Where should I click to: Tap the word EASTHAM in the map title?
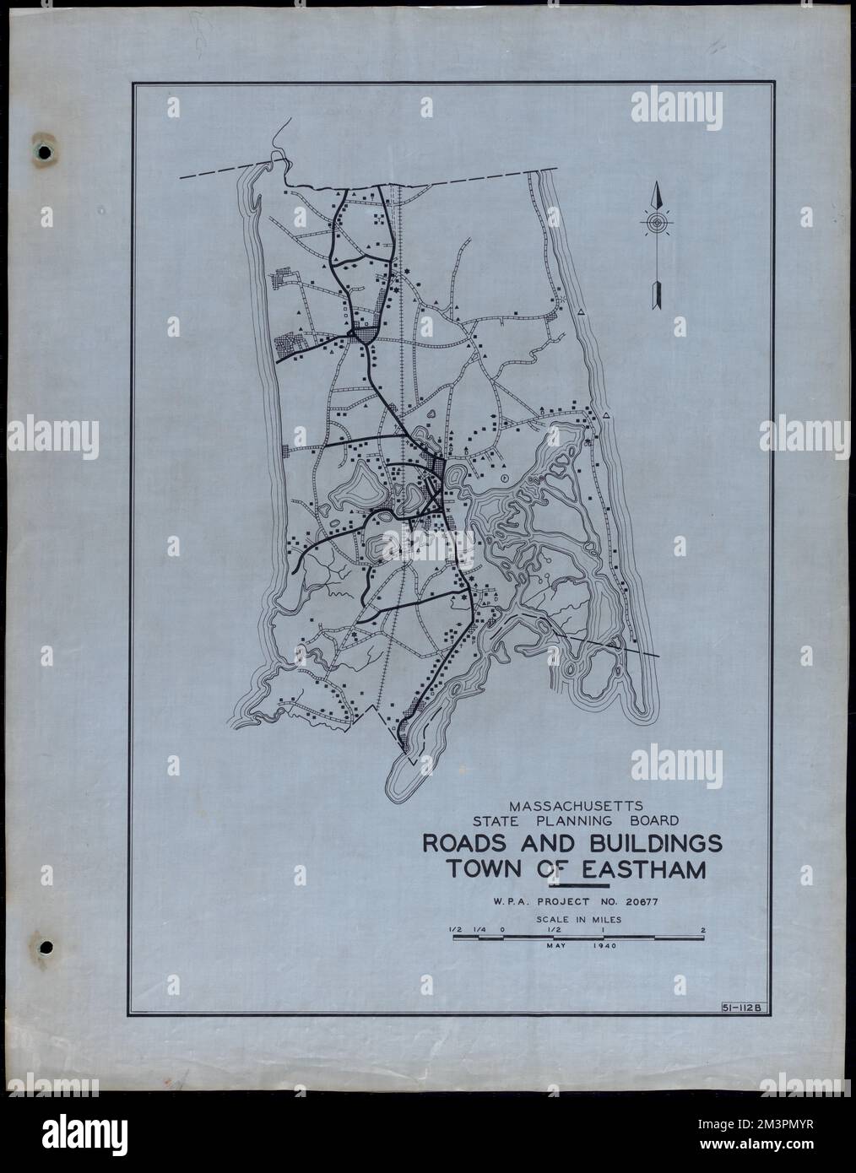[653, 868]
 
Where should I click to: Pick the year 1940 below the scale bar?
[604, 947]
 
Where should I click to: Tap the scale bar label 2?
[702, 929]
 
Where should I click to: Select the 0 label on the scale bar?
[502, 929]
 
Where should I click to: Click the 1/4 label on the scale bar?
[479, 929]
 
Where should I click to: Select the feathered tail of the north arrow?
[656, 295]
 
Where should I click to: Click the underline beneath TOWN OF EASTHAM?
[577, 886]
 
